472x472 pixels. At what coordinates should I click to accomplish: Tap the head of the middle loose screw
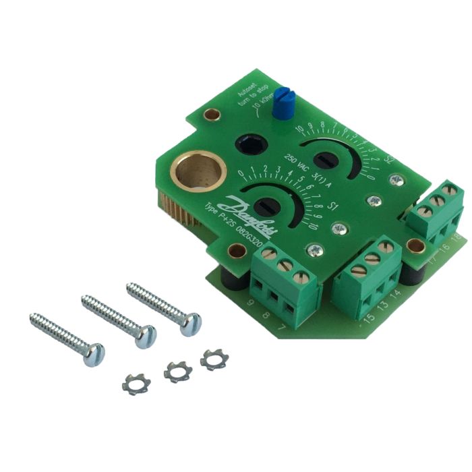(145, 335)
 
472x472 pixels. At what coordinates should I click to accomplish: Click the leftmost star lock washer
(136, 384)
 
